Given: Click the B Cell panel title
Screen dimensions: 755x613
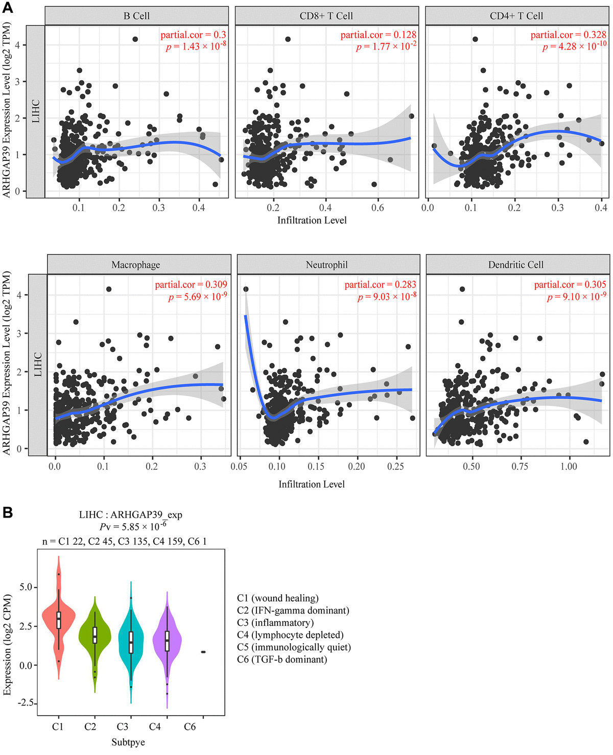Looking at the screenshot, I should [x=136, y=16].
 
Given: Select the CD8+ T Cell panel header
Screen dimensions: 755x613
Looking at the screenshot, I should [x=326, y=16].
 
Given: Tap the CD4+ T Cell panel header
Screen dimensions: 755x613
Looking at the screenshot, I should [x=516, y=16].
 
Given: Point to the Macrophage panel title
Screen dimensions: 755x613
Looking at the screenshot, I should [x=136, y=264].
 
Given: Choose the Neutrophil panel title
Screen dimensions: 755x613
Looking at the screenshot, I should [x=327, y=264].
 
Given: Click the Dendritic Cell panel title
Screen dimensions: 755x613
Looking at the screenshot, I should [x=516, y=264].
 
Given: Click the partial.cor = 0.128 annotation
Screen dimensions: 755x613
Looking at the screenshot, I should [x=378, y=35].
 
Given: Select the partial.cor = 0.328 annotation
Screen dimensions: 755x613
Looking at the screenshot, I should [x=568, y=35].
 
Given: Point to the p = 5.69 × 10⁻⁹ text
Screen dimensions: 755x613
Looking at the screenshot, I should [x=198, y=297].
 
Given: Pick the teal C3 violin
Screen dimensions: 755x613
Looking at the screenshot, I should [x=131, y=643].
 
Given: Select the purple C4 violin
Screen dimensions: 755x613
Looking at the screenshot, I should [x=167, y=641].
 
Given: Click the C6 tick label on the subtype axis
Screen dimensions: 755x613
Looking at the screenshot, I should [x=190, y=726].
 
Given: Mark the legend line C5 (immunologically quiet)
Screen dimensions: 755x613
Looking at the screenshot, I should [x=294, y=647].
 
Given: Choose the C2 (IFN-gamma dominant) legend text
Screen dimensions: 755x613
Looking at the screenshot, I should [x=293, y=611].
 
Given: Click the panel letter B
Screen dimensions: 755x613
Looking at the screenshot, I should [x=8, y=512].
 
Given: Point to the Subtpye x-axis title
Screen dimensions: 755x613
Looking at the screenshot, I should [x=128, y=742].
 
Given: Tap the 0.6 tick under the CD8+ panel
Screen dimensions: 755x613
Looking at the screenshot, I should [x=378, y=208].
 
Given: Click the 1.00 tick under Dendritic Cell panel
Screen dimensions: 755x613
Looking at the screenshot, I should [x=569, y=466].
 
